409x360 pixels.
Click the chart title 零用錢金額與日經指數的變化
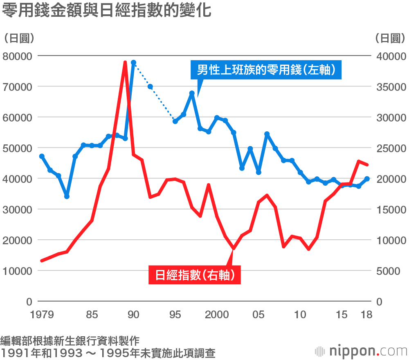106,11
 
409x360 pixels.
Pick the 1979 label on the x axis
42,315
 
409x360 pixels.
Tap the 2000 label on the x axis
217,315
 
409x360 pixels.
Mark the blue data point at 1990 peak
133,63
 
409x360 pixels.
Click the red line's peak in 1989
125,62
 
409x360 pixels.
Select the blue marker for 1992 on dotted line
150,87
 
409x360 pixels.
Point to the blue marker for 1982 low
67,196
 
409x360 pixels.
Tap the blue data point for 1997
192,93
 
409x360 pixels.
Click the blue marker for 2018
367,179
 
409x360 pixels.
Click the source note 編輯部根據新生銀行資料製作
70,340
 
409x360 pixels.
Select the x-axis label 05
258,315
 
